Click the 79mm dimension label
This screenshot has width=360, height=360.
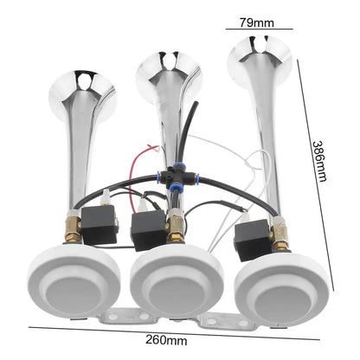pos(256,22)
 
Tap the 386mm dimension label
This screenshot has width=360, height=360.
pos(320,161)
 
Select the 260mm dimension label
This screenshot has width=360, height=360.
pos(166,340)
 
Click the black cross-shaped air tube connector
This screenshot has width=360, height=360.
pos(177,177)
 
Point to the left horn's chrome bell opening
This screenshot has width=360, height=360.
pos(82,95)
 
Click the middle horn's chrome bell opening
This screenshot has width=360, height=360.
pos(169,75)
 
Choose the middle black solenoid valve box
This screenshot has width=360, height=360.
pos(149,229)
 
